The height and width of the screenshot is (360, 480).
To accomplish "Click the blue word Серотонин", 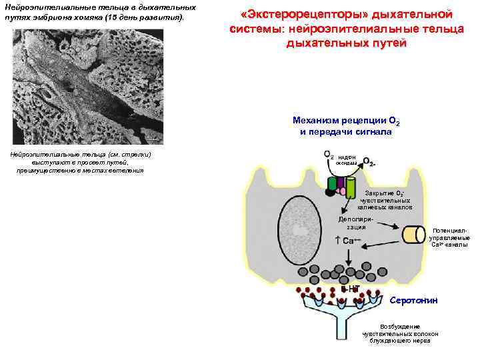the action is click(x=413, y=300).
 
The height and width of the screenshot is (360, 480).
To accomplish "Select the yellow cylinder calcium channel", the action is click(x=417, y=235).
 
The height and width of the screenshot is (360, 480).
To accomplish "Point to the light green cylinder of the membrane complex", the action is click(x=351, y=188).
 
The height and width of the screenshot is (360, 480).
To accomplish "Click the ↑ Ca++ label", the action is click(x=347, y=241).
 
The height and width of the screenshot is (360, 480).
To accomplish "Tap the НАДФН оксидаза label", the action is click(x=347, y=160).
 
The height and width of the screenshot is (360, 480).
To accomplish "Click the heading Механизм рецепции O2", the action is click(x=346, y=121).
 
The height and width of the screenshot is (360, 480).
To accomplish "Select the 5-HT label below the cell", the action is click(x=351, y=288).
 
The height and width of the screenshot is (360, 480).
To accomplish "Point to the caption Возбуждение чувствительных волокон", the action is click(x=396, y=333).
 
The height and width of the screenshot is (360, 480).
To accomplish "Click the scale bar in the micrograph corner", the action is click(x=153, y=139).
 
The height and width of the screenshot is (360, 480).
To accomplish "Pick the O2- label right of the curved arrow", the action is click(x=373, y=163).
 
